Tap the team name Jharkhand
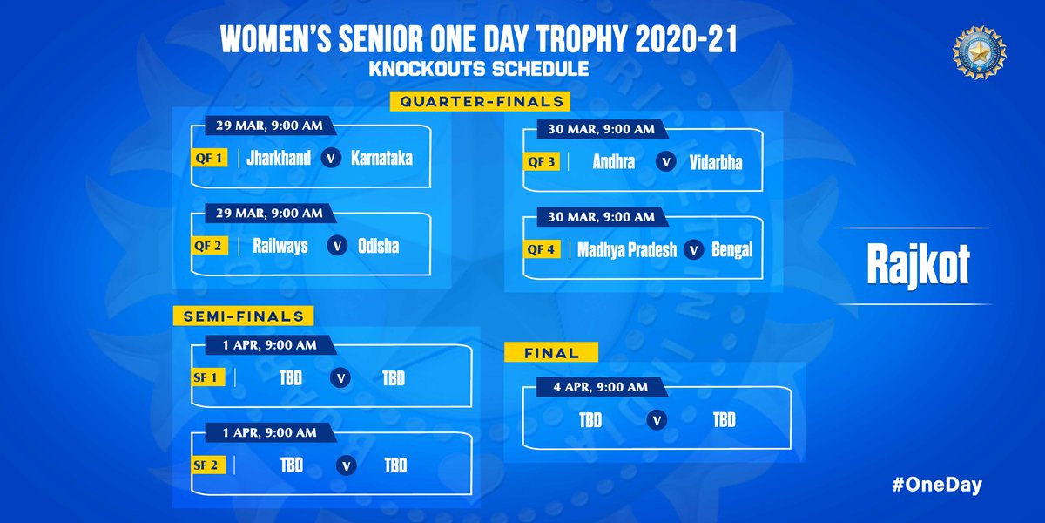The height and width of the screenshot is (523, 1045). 279,159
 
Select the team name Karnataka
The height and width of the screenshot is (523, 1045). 381,159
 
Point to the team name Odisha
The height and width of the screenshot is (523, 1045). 378,246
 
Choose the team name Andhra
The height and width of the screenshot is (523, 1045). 613,162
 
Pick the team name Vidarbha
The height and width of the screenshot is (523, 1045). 716,162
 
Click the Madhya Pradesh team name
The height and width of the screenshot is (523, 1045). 627,249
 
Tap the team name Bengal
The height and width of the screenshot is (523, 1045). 731,249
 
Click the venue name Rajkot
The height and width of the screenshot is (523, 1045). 918,268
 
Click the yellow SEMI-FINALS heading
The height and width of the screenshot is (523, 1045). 243,316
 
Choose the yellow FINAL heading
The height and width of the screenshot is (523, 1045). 551,353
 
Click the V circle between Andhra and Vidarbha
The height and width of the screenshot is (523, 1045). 664,162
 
